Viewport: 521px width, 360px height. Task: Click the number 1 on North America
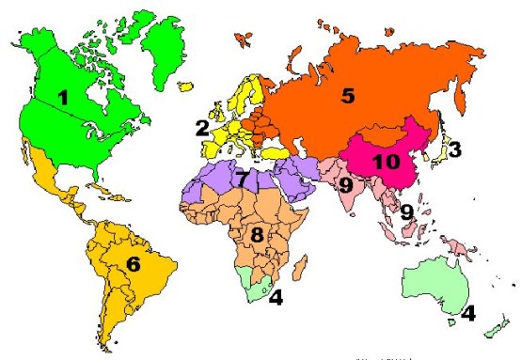click(x=64, y=96)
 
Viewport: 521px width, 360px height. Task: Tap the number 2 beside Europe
click(x=201, y=127)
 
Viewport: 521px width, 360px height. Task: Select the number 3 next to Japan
click(x=454, y=149)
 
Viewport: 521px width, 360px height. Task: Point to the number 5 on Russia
click(x=348, y=95)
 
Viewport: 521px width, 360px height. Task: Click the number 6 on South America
click(x=134, y=264)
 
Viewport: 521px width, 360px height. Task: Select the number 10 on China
click(x=386, y=161)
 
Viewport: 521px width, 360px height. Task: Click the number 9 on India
click(x=345, y=186)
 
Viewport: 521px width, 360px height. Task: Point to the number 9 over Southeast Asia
click(x=406, y=212)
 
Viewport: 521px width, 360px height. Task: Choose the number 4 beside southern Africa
click(x=276, y=299)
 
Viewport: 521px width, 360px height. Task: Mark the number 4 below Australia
click(x=467, y=312)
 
